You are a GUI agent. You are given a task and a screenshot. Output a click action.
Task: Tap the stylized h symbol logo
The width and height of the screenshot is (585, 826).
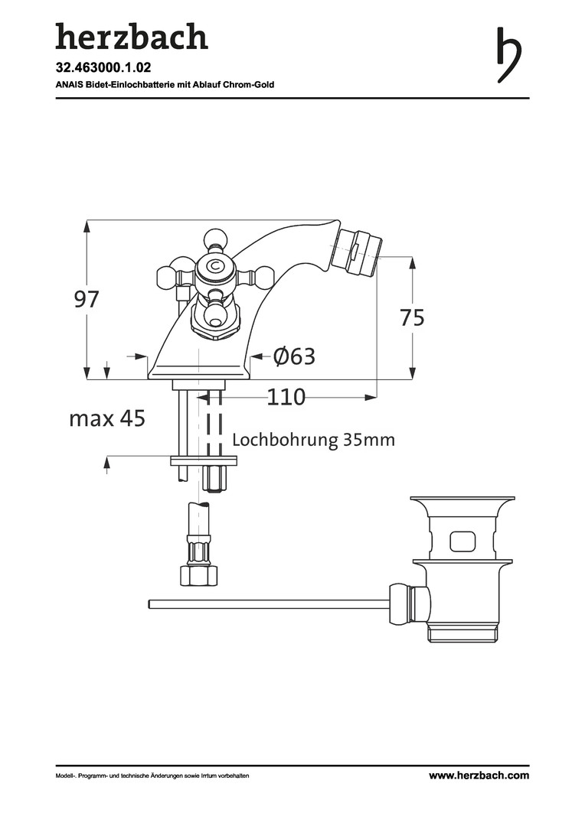(509, 54)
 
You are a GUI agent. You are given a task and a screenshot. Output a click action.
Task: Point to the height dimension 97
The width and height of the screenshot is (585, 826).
(86, 299)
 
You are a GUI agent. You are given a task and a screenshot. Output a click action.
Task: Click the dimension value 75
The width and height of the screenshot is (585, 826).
(411, 317)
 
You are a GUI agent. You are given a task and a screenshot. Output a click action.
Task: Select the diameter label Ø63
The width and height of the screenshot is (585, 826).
(294, 356)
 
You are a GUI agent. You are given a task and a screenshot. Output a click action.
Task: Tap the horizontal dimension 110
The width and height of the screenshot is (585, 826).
(286, 397)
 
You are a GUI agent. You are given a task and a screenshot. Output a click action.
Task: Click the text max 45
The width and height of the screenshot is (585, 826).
(107, 419)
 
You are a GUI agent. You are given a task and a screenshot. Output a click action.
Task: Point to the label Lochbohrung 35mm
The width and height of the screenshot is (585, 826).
(313, 439)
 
